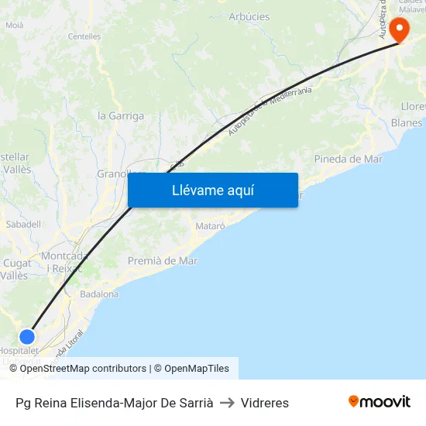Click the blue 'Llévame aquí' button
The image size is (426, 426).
point(212,190)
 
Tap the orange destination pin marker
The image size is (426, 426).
point(400,29)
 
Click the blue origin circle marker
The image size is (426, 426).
point(27,336)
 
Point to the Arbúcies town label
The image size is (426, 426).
point(249,16)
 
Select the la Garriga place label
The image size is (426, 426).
point(121,116)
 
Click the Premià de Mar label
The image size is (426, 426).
point(163,261)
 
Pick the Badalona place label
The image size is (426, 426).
point(99,294)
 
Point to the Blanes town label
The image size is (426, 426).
point(407,122)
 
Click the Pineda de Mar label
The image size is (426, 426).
point(349,159)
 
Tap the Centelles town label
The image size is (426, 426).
point(84,36)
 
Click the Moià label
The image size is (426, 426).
point(14,25)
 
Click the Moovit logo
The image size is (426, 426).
point(380,402)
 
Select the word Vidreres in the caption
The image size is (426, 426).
point(265,403)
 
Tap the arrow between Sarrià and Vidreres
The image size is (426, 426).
point(227,403)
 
